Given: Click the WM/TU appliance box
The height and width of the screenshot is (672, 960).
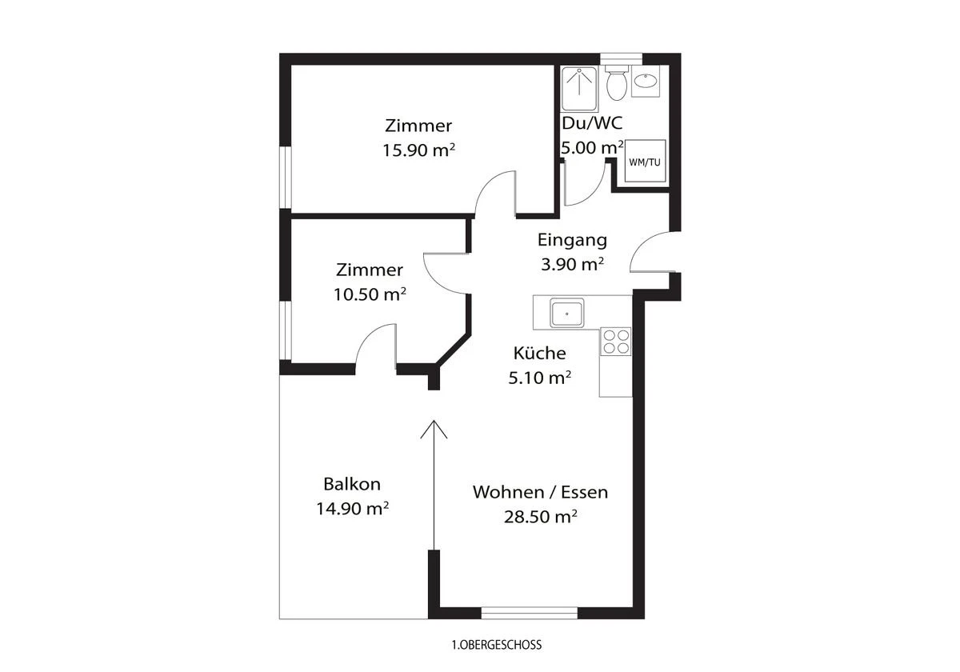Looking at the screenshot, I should (x=646, y=162).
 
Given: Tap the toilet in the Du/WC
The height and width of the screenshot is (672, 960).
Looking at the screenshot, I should (x=616, y=84).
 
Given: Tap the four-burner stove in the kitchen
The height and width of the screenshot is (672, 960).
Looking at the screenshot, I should (x=615, y=342).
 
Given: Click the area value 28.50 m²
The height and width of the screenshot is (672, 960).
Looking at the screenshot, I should (x=540, y=517).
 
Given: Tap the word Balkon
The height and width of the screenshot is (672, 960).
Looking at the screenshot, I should (x=352, y=484).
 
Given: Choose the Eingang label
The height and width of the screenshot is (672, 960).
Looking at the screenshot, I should (x=572, y=239).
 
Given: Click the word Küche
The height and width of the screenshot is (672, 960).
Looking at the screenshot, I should (x=540, y=353).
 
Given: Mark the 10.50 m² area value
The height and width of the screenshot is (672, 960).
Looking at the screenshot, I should (x=370, y=294).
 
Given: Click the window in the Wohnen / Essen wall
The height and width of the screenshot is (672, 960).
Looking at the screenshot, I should (x=528, y=614).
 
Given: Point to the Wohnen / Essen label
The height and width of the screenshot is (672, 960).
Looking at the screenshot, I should (x=540, y=492).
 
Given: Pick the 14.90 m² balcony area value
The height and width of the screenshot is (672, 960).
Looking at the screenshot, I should (x=352, y=508).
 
